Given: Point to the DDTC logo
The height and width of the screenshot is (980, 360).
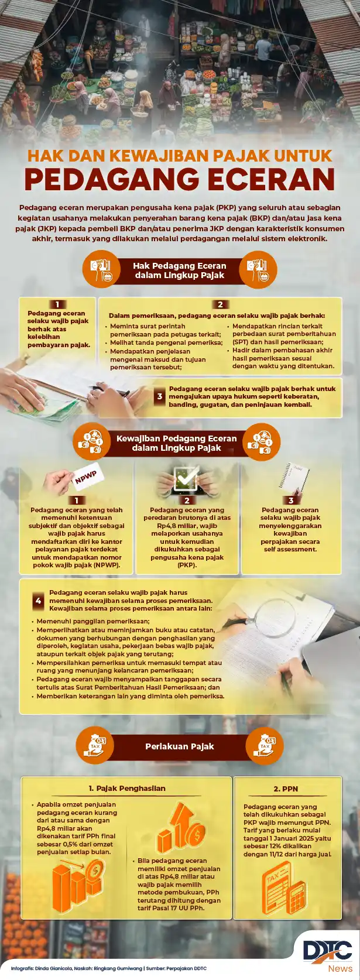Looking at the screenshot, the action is point(328,951).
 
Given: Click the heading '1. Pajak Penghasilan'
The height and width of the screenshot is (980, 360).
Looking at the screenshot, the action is point(127,788).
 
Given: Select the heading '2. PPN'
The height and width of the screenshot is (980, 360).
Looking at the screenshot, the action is point(286,789).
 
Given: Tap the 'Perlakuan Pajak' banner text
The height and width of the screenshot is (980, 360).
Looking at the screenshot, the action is point(179,746).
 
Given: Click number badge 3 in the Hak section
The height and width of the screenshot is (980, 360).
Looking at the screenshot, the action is point(160,396).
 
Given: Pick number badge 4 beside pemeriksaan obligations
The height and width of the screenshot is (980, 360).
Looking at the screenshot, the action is point(39,601).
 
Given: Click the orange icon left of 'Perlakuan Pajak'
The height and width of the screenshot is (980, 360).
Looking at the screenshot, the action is point(94,746).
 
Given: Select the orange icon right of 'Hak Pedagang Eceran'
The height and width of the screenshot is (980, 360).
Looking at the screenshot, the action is point(258,269).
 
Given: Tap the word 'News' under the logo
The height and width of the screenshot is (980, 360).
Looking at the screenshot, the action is point(340,968).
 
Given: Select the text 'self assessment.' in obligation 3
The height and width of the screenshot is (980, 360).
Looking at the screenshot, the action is point(290,549).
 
